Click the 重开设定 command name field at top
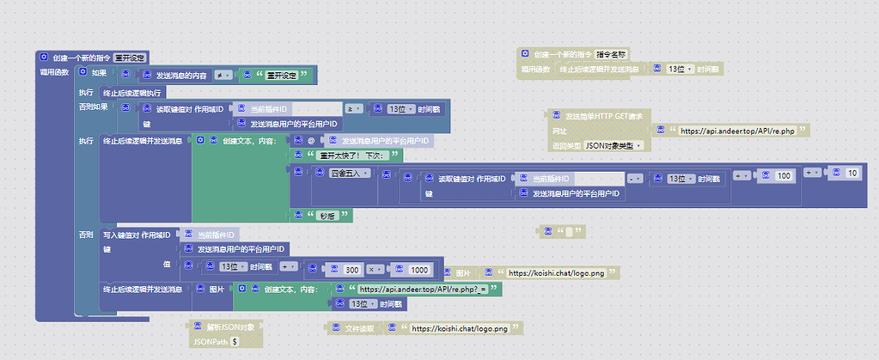pos(130,58)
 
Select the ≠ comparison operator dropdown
pos(223,75)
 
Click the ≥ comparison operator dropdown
pos(352,109)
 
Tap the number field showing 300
pos(351,269)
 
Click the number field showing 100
pos(783,174)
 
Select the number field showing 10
pos(852,174)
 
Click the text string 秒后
pos(326,217)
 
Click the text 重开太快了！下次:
pos(346,156)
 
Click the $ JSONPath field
pos(235,341)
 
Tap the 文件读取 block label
pos(359,328)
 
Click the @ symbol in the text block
pos(311,140)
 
